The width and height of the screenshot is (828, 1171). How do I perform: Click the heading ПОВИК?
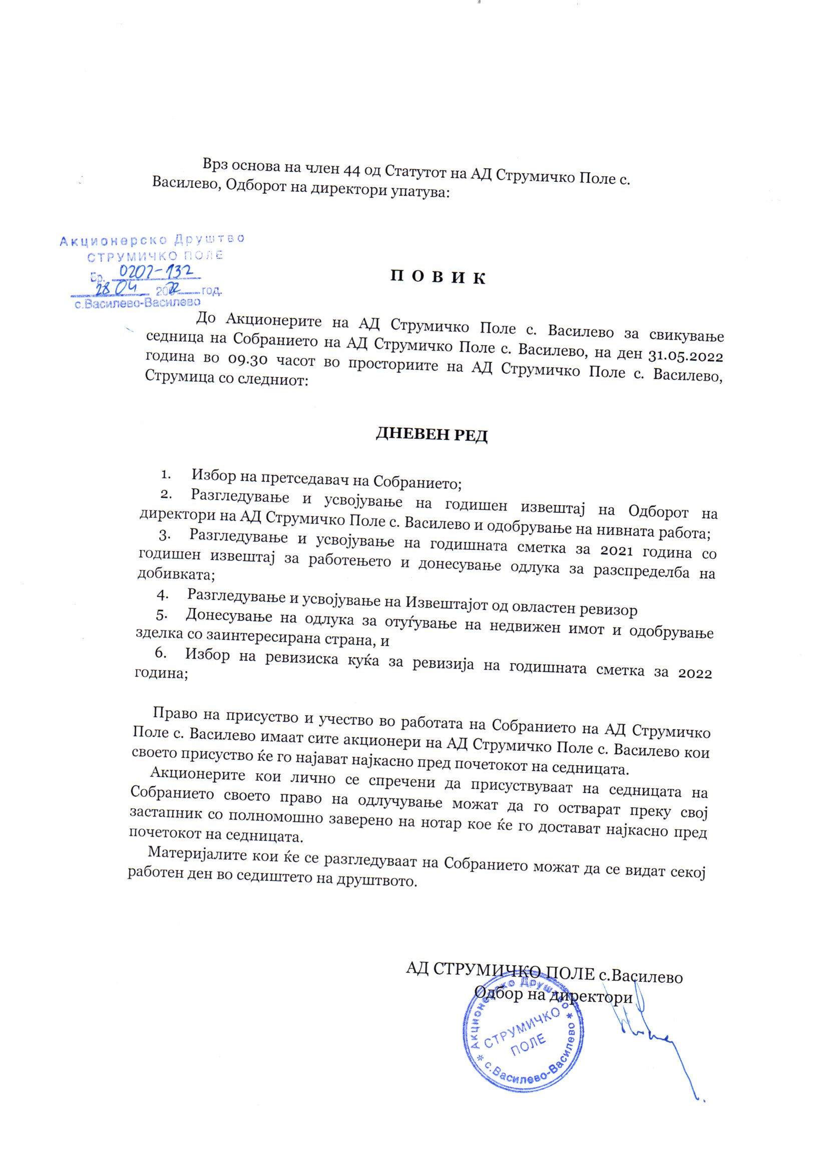[438, 277]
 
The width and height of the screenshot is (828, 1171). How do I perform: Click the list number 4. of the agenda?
[162, 594]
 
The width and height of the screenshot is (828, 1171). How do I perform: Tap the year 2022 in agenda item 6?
[694, 673]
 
